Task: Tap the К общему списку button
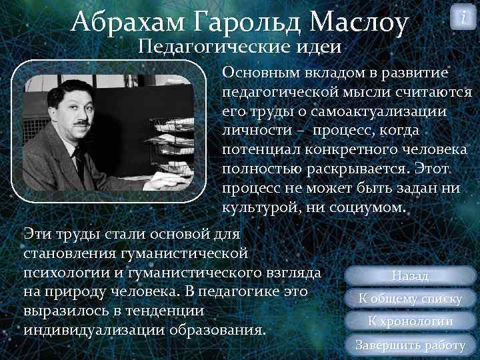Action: [410, 298]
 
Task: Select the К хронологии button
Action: [410, 321]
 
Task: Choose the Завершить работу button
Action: [410, 345]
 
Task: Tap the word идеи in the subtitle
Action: [317, 47]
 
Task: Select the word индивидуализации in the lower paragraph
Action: [87, 330]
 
